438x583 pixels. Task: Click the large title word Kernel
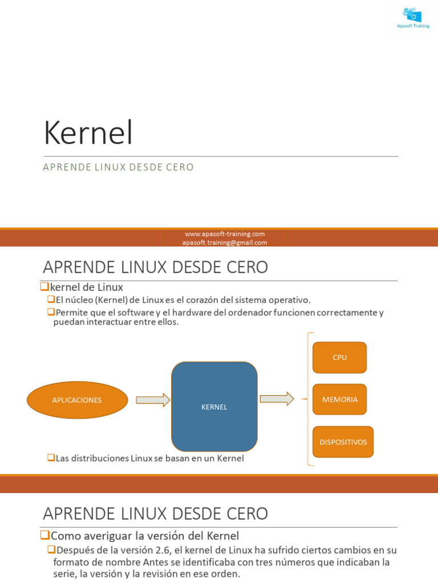click(88, 134)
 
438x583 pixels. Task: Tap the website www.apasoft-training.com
click(225, 234)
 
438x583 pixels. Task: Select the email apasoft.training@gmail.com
click(225, 243)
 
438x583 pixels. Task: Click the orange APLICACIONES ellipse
click(77, 400)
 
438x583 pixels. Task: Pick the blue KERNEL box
click(214, 407)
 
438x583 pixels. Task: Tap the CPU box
click(339, 358)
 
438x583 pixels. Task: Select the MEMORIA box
click(339, 400)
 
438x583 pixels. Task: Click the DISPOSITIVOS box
click(343, 442)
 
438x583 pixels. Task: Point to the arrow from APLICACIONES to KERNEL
click(153, 400)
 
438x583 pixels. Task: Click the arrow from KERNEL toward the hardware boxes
click(277, 399)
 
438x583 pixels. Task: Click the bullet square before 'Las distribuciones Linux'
click(51, 457)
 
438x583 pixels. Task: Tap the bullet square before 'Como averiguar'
click(45, 535)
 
